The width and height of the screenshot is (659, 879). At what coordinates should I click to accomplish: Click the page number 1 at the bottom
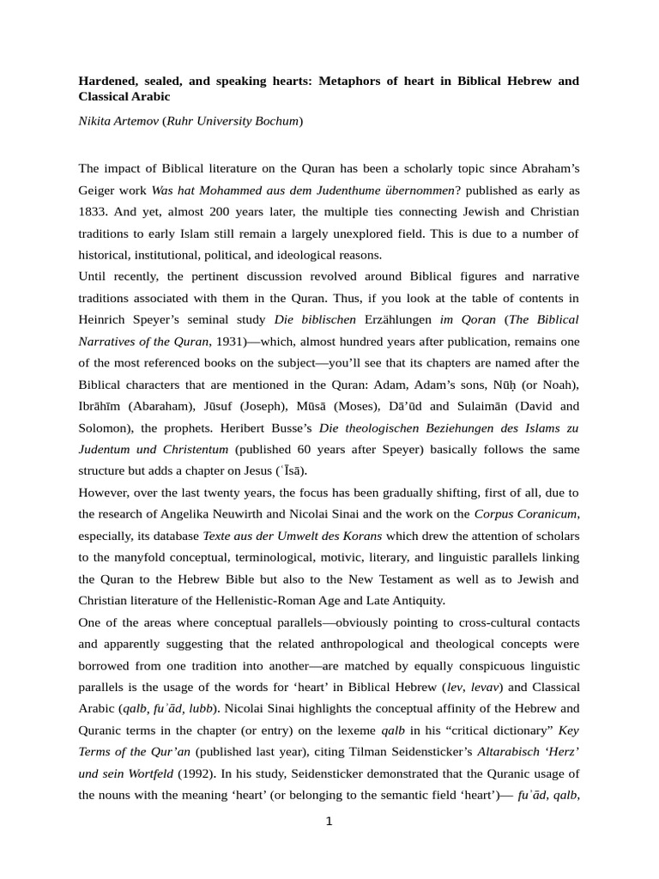[x=329, y=821]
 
